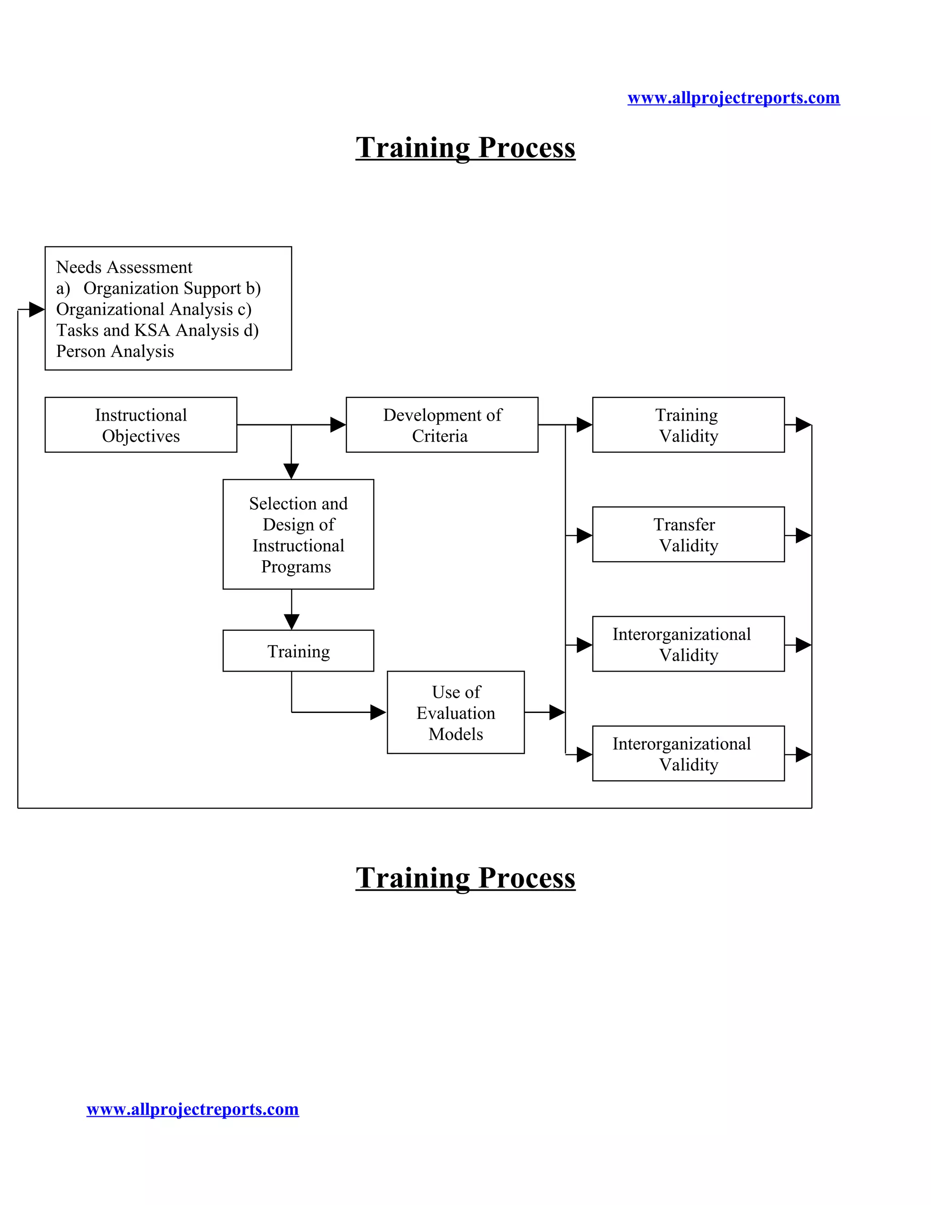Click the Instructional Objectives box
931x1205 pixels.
point(140,425)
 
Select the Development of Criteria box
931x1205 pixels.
point(442,425)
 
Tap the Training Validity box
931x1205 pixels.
point(688,425)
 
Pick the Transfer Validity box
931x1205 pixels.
point(688,534)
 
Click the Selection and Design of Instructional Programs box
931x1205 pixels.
point(298,534)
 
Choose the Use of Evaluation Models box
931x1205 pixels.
point(455,712)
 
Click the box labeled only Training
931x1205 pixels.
point(298,651)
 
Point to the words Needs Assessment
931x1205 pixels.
point(124,267)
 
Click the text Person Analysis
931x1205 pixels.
point(115,351)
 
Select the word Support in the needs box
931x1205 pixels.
point(212,288)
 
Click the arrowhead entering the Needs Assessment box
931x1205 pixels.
point(36,310)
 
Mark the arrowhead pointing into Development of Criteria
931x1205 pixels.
point(338,425)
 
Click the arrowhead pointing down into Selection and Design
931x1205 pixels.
point(291,471)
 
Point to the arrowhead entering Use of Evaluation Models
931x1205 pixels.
point(378,712)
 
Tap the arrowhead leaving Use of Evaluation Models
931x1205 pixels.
point(556,712)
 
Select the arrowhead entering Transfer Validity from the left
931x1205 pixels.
point(584,535)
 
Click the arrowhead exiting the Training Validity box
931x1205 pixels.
point(803,425)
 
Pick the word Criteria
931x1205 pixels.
point(440,436)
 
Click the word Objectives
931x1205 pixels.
point(140,436)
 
